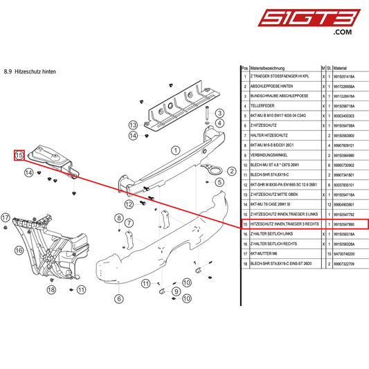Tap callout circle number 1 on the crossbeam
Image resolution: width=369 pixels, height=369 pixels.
(x=177, y=149)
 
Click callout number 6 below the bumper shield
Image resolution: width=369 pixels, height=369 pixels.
(x=118, y=299)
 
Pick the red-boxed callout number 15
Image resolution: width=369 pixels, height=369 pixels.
(x=19, y=155)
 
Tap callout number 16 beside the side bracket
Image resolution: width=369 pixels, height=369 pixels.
(x=19, y=250)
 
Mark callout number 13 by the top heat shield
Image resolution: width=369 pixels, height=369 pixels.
(x=133, y=125)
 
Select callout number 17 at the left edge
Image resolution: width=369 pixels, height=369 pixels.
(x=6, y=217)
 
